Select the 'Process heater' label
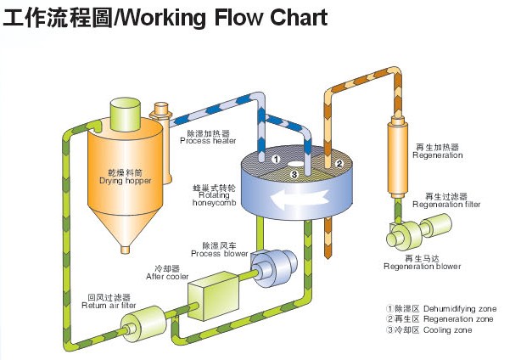pyautogui.click(x=208, y=138)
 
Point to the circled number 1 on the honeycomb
pyautogui.click(x=276, y=158)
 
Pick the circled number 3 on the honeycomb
pyautogui.click(x=294, y=174)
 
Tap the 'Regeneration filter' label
pyautogui.click(x=446, y=200)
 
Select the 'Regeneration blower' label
pyautogui.click(x=422, y=262)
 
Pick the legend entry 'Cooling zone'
pyautogui.click(x=429, y=329)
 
